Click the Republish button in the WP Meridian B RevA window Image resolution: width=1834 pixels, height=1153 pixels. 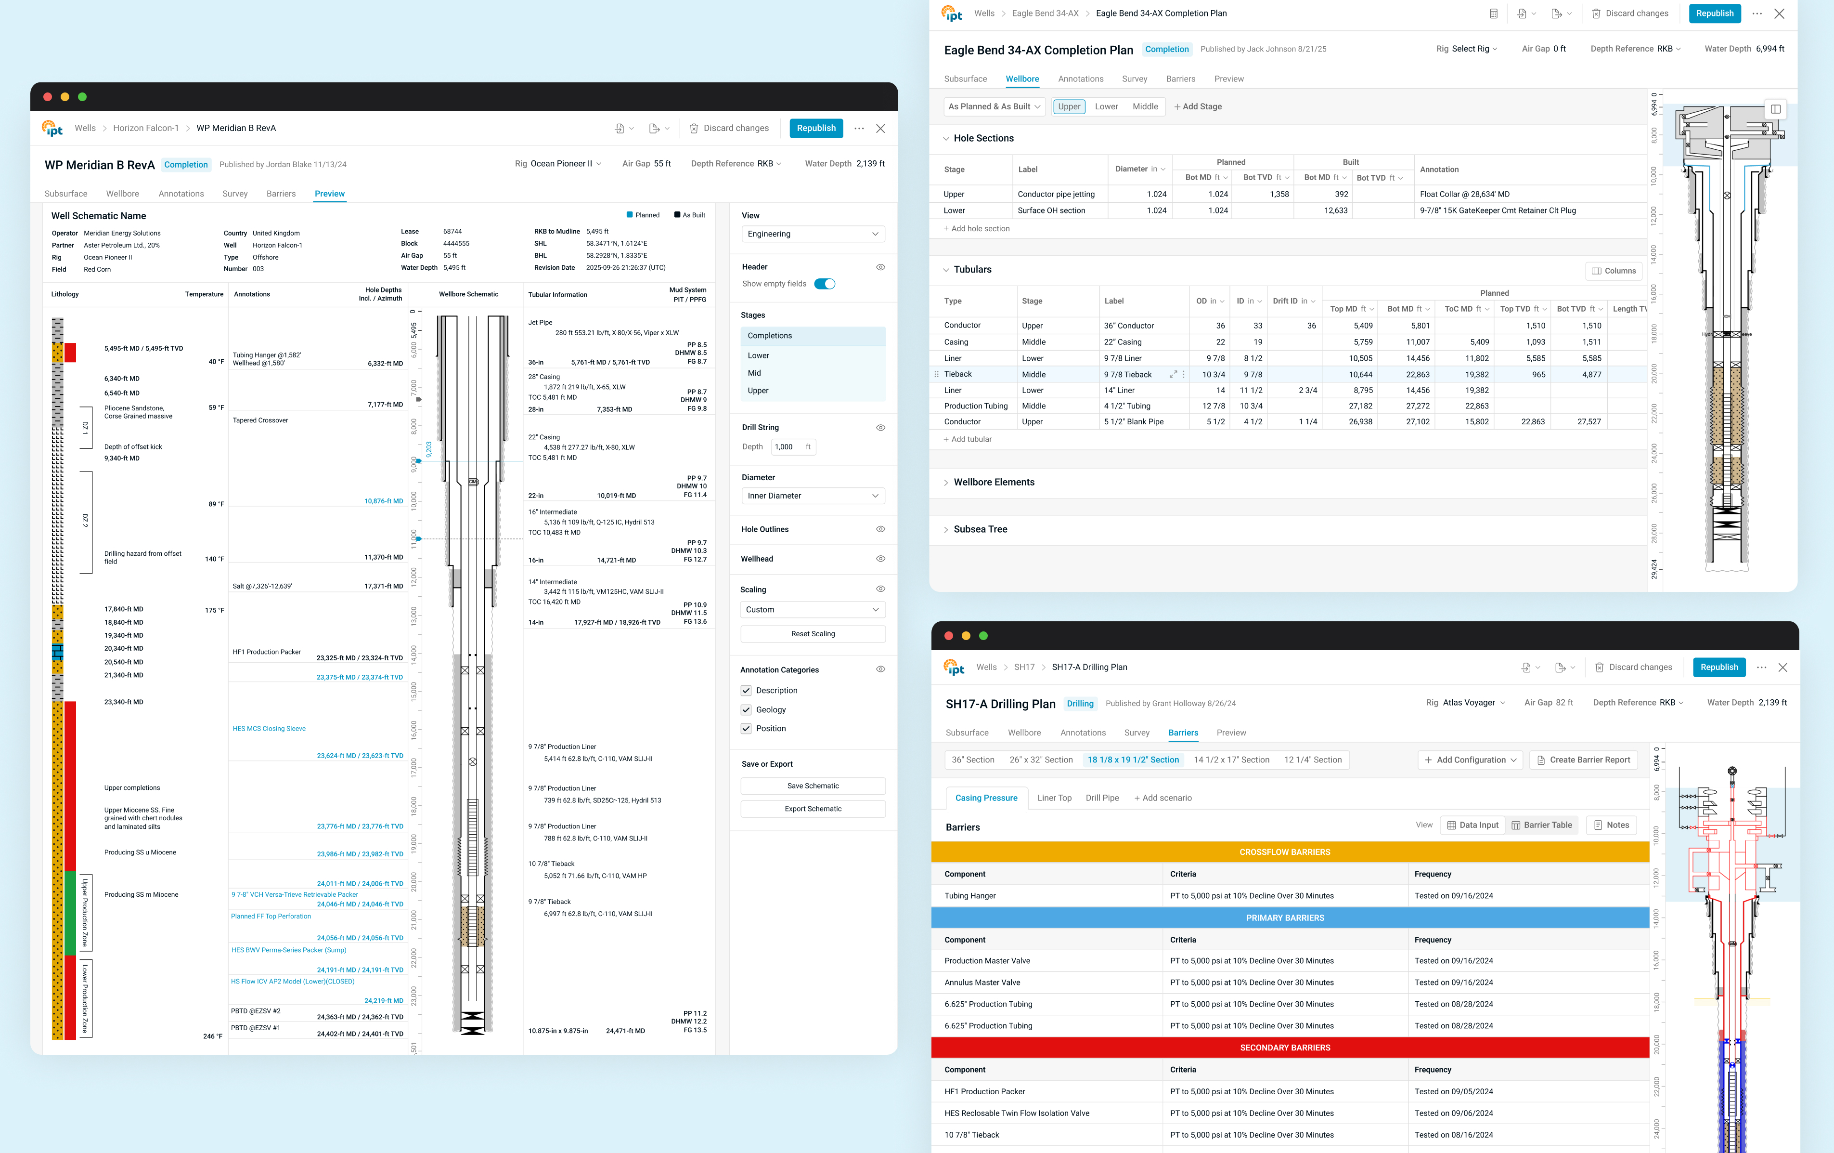(816, 128)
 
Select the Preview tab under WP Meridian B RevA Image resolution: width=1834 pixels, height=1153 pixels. (329, 194)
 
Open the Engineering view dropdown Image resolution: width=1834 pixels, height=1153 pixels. (812, 234)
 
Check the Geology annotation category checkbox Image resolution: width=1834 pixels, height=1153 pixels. (747, 709)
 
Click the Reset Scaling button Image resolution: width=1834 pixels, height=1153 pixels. (812, 634)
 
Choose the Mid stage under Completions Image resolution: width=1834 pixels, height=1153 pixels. (754, 373)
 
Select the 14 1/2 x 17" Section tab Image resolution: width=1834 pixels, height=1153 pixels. (1231, 760)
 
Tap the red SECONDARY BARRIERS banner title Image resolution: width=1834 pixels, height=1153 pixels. (1284, 1048)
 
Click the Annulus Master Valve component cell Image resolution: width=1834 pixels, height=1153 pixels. (982, 983)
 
